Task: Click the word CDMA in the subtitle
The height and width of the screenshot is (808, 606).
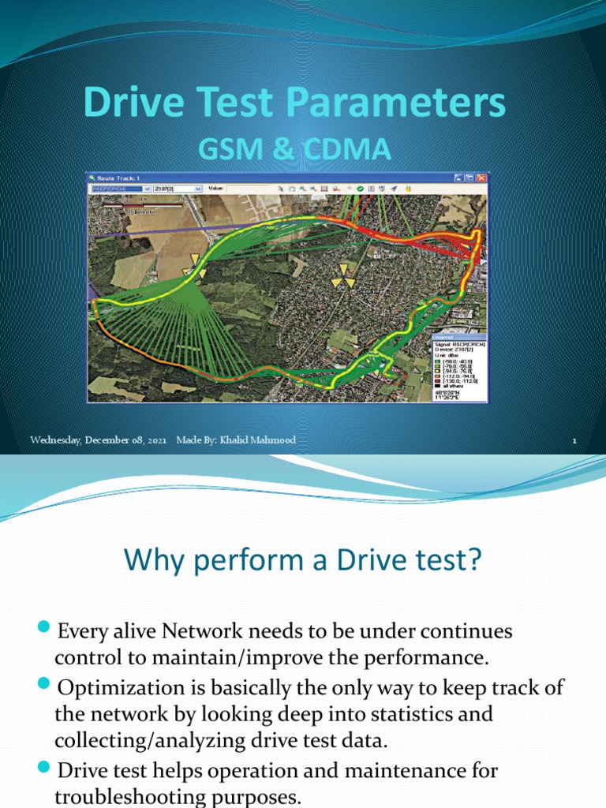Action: (351, 149)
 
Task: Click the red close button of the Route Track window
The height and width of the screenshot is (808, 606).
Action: (481, 179)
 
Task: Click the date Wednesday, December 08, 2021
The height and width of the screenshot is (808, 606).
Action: (99, 440)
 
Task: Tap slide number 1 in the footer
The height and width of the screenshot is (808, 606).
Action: (574, 441)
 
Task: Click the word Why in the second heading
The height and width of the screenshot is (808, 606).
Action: (152, 563)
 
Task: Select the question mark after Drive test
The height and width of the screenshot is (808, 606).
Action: (473, 563)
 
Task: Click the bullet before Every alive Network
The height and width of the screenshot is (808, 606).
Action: (44, 629)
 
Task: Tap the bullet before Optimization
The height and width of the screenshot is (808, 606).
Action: (44, 686)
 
